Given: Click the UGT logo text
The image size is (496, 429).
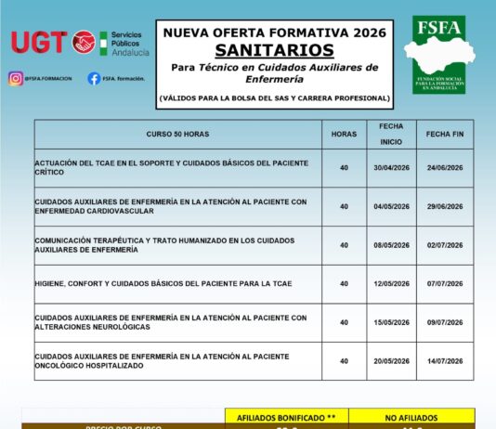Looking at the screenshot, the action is [40, 42].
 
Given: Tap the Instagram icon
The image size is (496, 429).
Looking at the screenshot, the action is [15, 79].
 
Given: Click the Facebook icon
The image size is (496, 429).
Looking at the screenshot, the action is [94, 79].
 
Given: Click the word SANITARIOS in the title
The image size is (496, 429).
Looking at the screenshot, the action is [276, 48].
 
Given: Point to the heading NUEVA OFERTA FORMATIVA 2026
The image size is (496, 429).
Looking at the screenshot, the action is [276, 31].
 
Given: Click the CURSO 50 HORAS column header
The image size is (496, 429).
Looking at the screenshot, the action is [178, 135].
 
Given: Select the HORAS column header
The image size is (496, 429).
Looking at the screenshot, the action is [344, 135].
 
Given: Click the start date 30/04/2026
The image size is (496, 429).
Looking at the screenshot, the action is [391, 168].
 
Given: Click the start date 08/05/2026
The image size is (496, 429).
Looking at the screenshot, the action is [391, 245].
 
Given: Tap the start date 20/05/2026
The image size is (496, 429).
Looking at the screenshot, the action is [391, 361].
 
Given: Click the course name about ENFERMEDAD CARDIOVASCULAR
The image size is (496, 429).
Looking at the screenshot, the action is [170, 206].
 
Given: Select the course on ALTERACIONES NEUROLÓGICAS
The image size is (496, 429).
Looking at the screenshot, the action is [170, 322].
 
